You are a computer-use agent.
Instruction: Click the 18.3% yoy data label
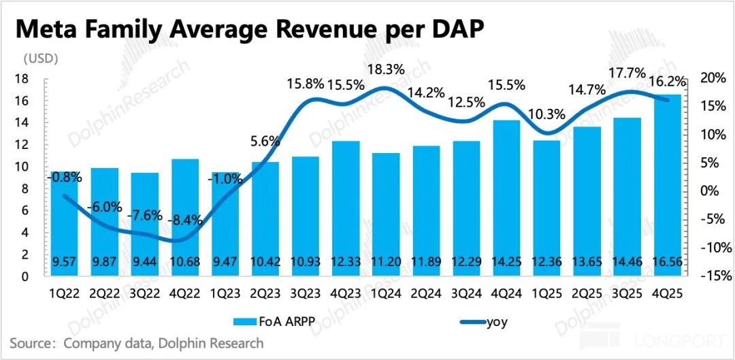tap(386, 69)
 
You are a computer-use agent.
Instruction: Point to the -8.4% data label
tap(186, 220)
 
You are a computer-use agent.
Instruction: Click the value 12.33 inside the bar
tap(346, 263)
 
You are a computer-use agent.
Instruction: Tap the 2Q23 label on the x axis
tap(265, 293)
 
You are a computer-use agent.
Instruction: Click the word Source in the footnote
tap(31, 343)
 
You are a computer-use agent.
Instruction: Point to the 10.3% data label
tap(546, 114)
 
